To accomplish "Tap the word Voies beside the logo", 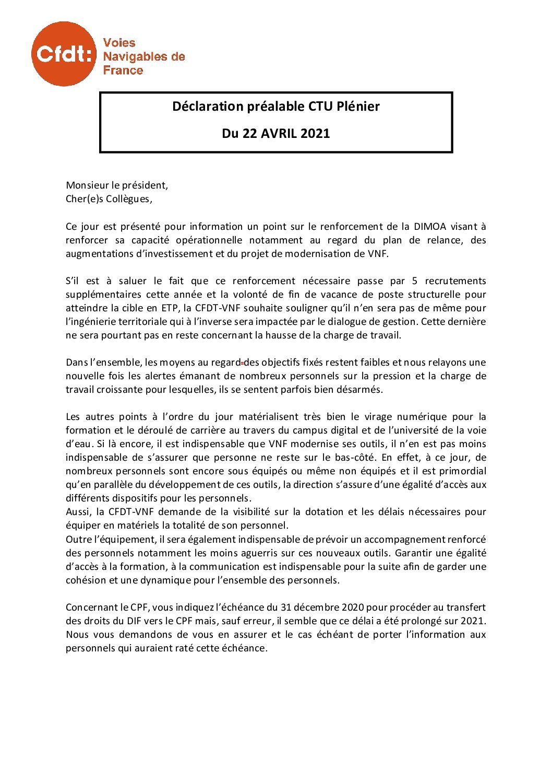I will (119, 43).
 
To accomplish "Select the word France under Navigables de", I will (123, 71).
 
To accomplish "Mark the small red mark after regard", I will (242, 363).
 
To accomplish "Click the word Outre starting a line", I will (77, 539).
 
